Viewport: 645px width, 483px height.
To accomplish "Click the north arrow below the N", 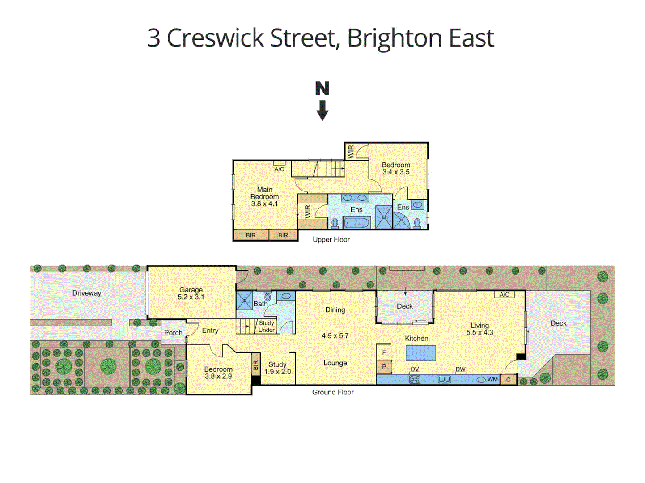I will tap(322, 110).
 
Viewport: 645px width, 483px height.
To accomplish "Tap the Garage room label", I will tap(191, 293).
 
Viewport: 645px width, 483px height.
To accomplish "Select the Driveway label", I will tap(87, 293).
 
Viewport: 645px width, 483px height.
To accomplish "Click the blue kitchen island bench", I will tap(420, 353).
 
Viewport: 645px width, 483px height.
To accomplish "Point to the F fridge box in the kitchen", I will tap(384, 352).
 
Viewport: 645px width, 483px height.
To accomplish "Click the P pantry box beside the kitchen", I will tap(384, 367).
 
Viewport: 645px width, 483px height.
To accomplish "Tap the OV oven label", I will tap(415, 369).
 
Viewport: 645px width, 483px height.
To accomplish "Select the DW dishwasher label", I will tap(460, 369).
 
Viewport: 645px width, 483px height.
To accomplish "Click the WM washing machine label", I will tap(492, 379).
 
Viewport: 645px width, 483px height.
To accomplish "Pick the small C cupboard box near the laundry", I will tap(508, 380).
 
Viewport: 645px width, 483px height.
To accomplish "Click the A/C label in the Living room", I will tap(504, 294).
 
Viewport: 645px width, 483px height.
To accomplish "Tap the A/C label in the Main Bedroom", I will tap(279, 169).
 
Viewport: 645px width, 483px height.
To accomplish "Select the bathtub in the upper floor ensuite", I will tap(356, 222).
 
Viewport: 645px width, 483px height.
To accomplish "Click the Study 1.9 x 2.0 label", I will tap(277, 368).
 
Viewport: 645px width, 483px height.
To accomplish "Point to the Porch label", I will tap(173, 333).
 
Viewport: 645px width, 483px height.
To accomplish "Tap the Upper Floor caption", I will tap(331, 240).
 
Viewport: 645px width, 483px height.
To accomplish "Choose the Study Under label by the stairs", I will tap(267, 326).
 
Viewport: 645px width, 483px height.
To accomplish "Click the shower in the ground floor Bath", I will tap(245, 300).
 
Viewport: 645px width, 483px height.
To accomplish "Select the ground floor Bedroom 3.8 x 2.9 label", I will tap(218, 373).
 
